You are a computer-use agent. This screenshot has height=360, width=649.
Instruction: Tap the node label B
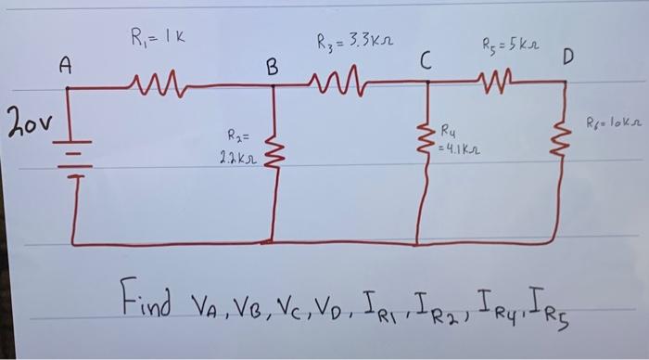[x=272, y=67]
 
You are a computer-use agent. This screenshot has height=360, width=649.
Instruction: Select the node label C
[x=425, y=62]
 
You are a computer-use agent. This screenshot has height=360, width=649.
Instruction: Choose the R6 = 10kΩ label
[x=614, y=121]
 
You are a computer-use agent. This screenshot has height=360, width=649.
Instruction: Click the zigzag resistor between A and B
[x=167, y=85]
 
